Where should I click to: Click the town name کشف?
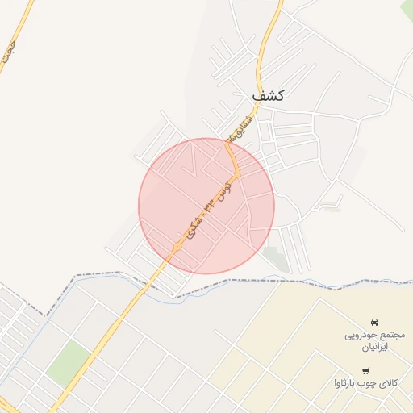pos(268,95)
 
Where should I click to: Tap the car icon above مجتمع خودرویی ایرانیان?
pos(373,322)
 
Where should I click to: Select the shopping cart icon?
pos(365,371)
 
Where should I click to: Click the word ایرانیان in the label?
pos(373,346)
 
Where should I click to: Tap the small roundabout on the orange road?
pos(176,244)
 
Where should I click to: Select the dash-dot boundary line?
pos(242,280)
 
